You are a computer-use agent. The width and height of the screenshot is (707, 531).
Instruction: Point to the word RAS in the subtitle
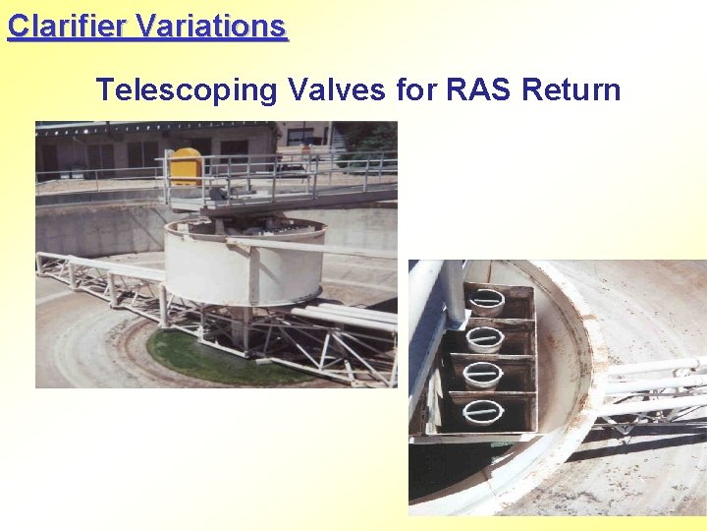click(x=480, y=90)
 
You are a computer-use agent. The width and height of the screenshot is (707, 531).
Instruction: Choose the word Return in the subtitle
click(x=571, y=90)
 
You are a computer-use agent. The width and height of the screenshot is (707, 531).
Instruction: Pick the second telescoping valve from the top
click(x=483, y=338)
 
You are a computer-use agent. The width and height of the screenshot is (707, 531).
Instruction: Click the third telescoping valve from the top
click(x=482, y=376)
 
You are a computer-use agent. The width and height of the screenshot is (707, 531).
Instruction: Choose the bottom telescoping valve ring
click(x=482, y=412)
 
